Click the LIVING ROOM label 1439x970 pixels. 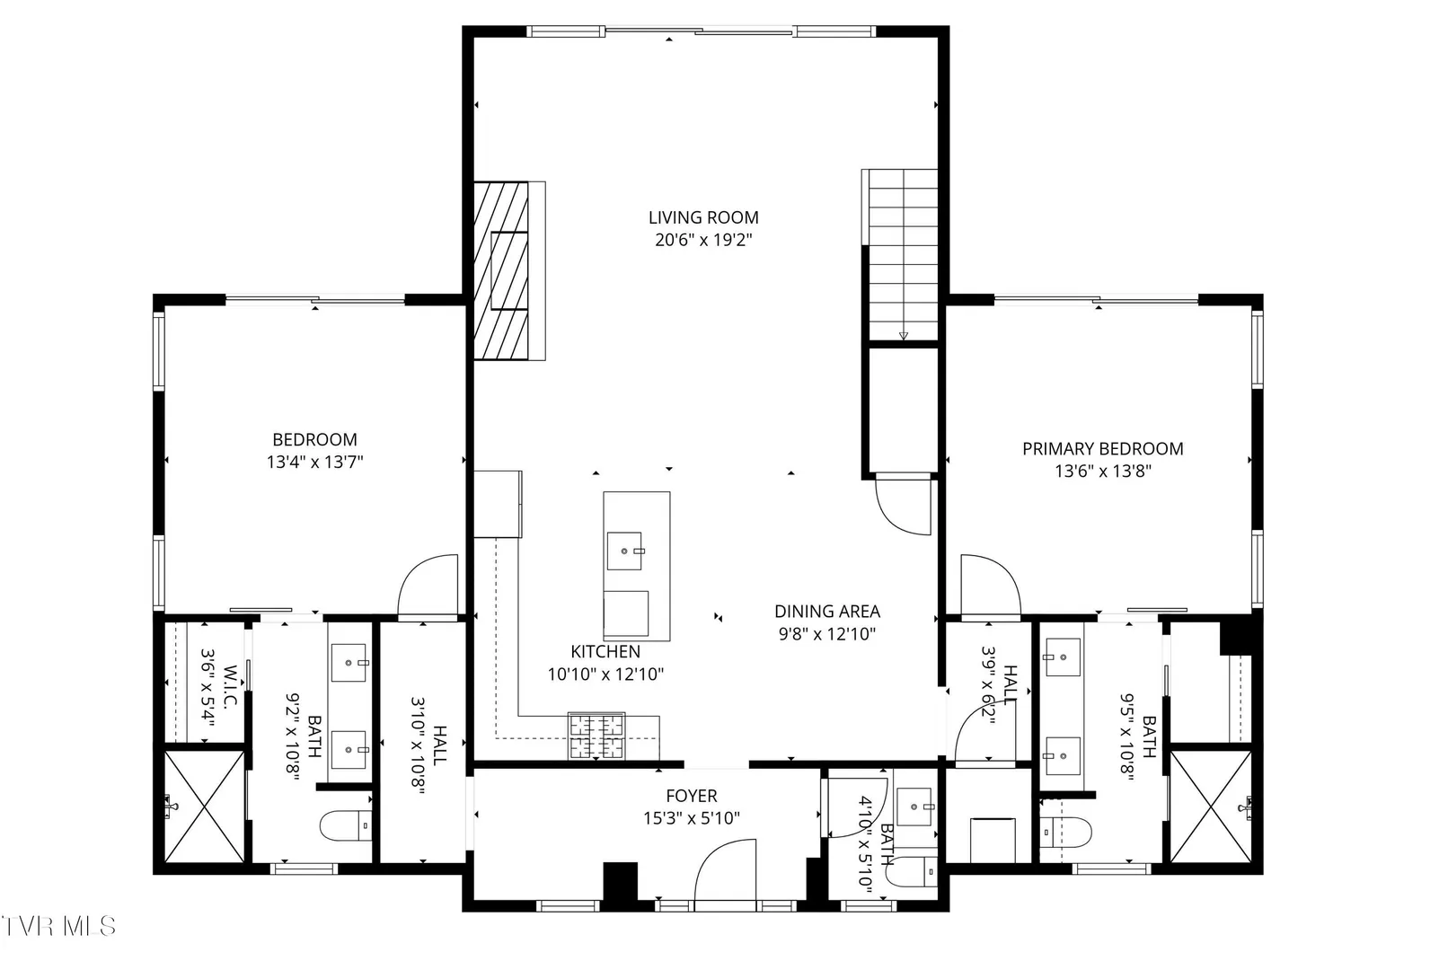click(703, 217)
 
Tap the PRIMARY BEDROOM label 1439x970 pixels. click(1103, 449)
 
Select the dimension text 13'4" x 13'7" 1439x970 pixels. click(314, 462)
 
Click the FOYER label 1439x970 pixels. click(692, 796)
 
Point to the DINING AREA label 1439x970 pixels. click(827, 611)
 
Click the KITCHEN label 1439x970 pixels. click(605, 651)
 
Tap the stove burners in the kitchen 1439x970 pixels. click(596, 736)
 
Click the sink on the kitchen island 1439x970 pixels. click(624, 551)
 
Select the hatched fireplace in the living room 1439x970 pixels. click(501, 270)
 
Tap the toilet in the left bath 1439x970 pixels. click(346, 825)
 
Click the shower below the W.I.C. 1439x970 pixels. click(204, 807)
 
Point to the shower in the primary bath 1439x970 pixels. click(1211, 807)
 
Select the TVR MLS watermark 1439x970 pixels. click(58, 926)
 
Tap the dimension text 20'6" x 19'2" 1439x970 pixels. click(703, 240)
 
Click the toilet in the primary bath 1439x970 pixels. click(1065, 832)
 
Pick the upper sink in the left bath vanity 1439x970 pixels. click(349, 662)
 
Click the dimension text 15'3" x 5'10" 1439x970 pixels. click(692, 818)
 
